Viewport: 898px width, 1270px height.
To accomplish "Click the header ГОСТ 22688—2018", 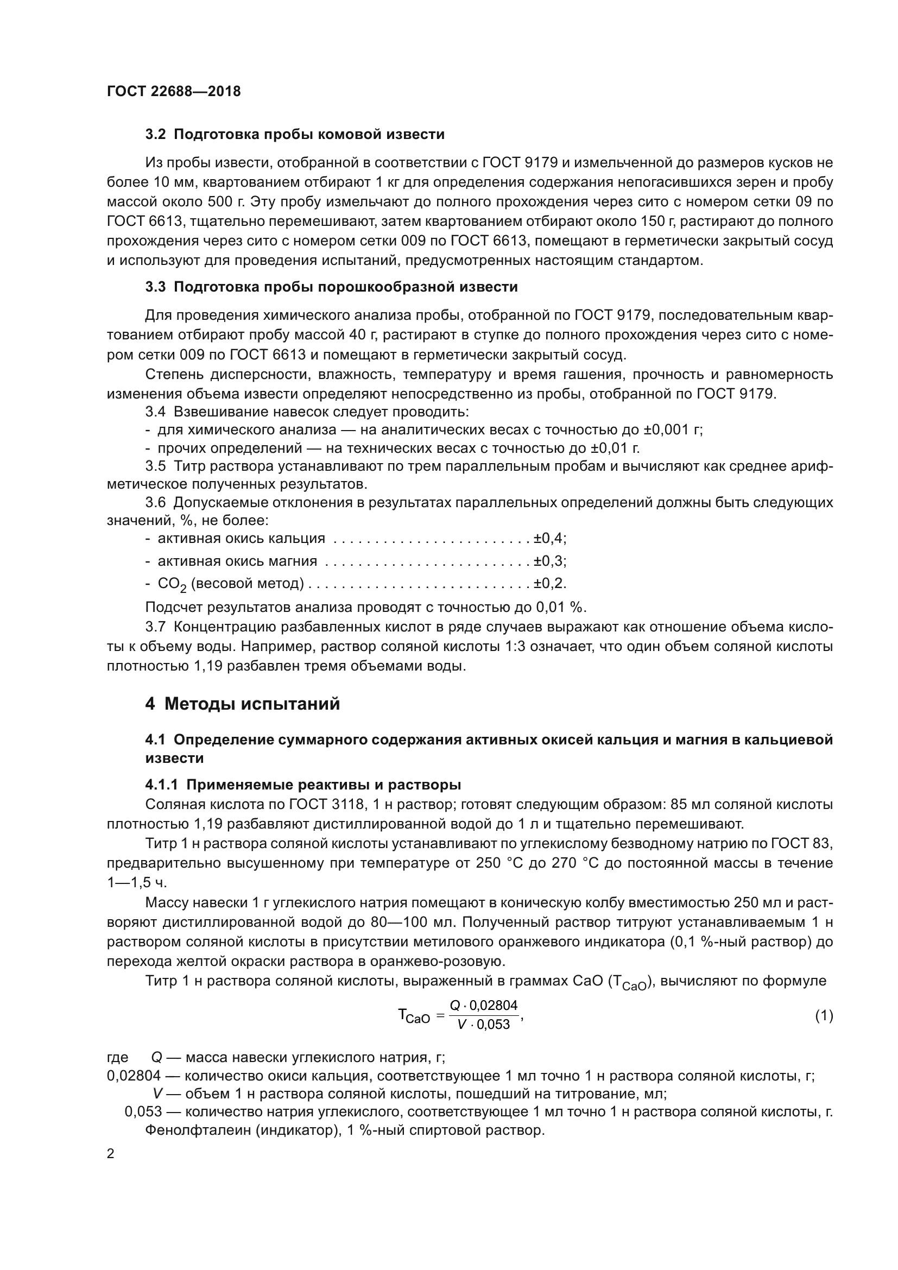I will pos(174,91).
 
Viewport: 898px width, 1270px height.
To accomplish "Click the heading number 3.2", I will pos(156,135).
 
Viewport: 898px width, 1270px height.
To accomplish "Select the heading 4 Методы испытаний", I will pos(242,704).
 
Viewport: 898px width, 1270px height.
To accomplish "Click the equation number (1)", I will pos(824,1015).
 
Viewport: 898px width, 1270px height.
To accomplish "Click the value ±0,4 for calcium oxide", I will pos(549,538).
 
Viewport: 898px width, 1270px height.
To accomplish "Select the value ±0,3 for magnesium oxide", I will pos(549,561).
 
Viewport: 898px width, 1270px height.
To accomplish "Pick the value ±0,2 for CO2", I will pos(549,584).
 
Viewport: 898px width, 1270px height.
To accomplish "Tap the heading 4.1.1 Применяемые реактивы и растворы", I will pos(303,785).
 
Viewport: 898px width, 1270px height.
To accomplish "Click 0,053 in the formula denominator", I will pos(493,1025).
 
